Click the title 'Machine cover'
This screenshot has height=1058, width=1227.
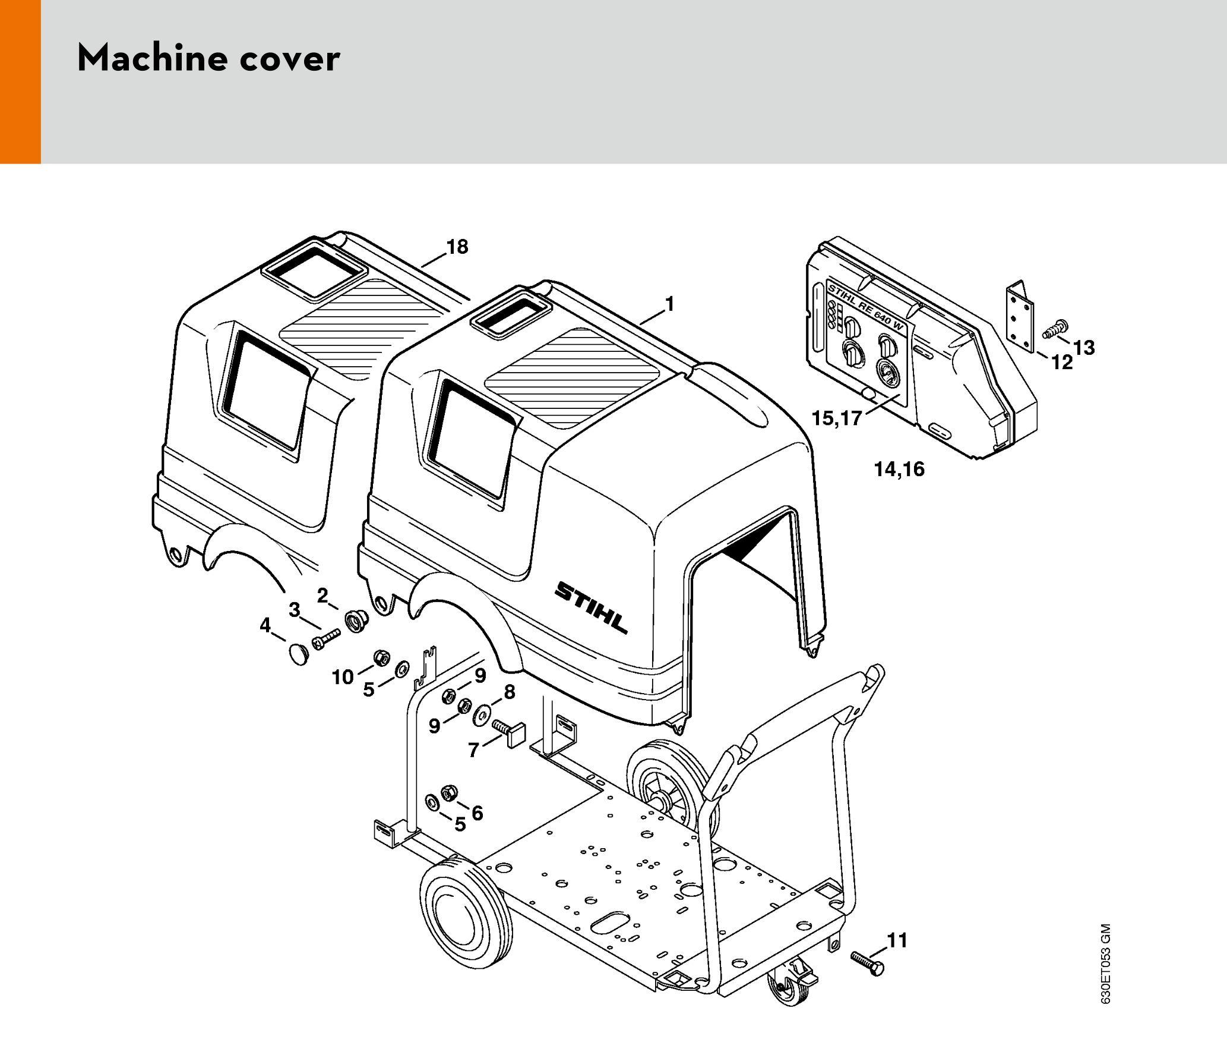tap(208, 58)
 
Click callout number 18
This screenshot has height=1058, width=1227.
tap(457, 247)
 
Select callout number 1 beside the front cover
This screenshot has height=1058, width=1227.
tap(670, 304)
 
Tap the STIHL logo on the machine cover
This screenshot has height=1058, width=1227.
tap(591, 607)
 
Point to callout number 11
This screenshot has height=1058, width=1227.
tap(897, 940)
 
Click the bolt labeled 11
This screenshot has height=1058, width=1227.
tap(867, 963)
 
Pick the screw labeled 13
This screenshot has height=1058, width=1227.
tap(1055, 329)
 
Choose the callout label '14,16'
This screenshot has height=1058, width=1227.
tap(899, 469)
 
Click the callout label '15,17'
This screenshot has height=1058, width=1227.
tap(836, 418)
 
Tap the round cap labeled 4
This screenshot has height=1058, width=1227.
tap(299, 653)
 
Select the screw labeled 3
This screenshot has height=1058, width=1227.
tap(325, 638)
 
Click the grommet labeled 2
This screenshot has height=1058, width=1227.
tap(357, 621)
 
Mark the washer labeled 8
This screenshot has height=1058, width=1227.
tap(480, 715)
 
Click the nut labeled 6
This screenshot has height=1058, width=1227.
tap(450, 793)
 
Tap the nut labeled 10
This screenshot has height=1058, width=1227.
tap(381, 658)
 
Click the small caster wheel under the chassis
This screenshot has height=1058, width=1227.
tap(789, 987)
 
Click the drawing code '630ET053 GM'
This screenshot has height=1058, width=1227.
tap(1105, 963)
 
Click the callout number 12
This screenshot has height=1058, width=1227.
tap(1062, 362)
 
